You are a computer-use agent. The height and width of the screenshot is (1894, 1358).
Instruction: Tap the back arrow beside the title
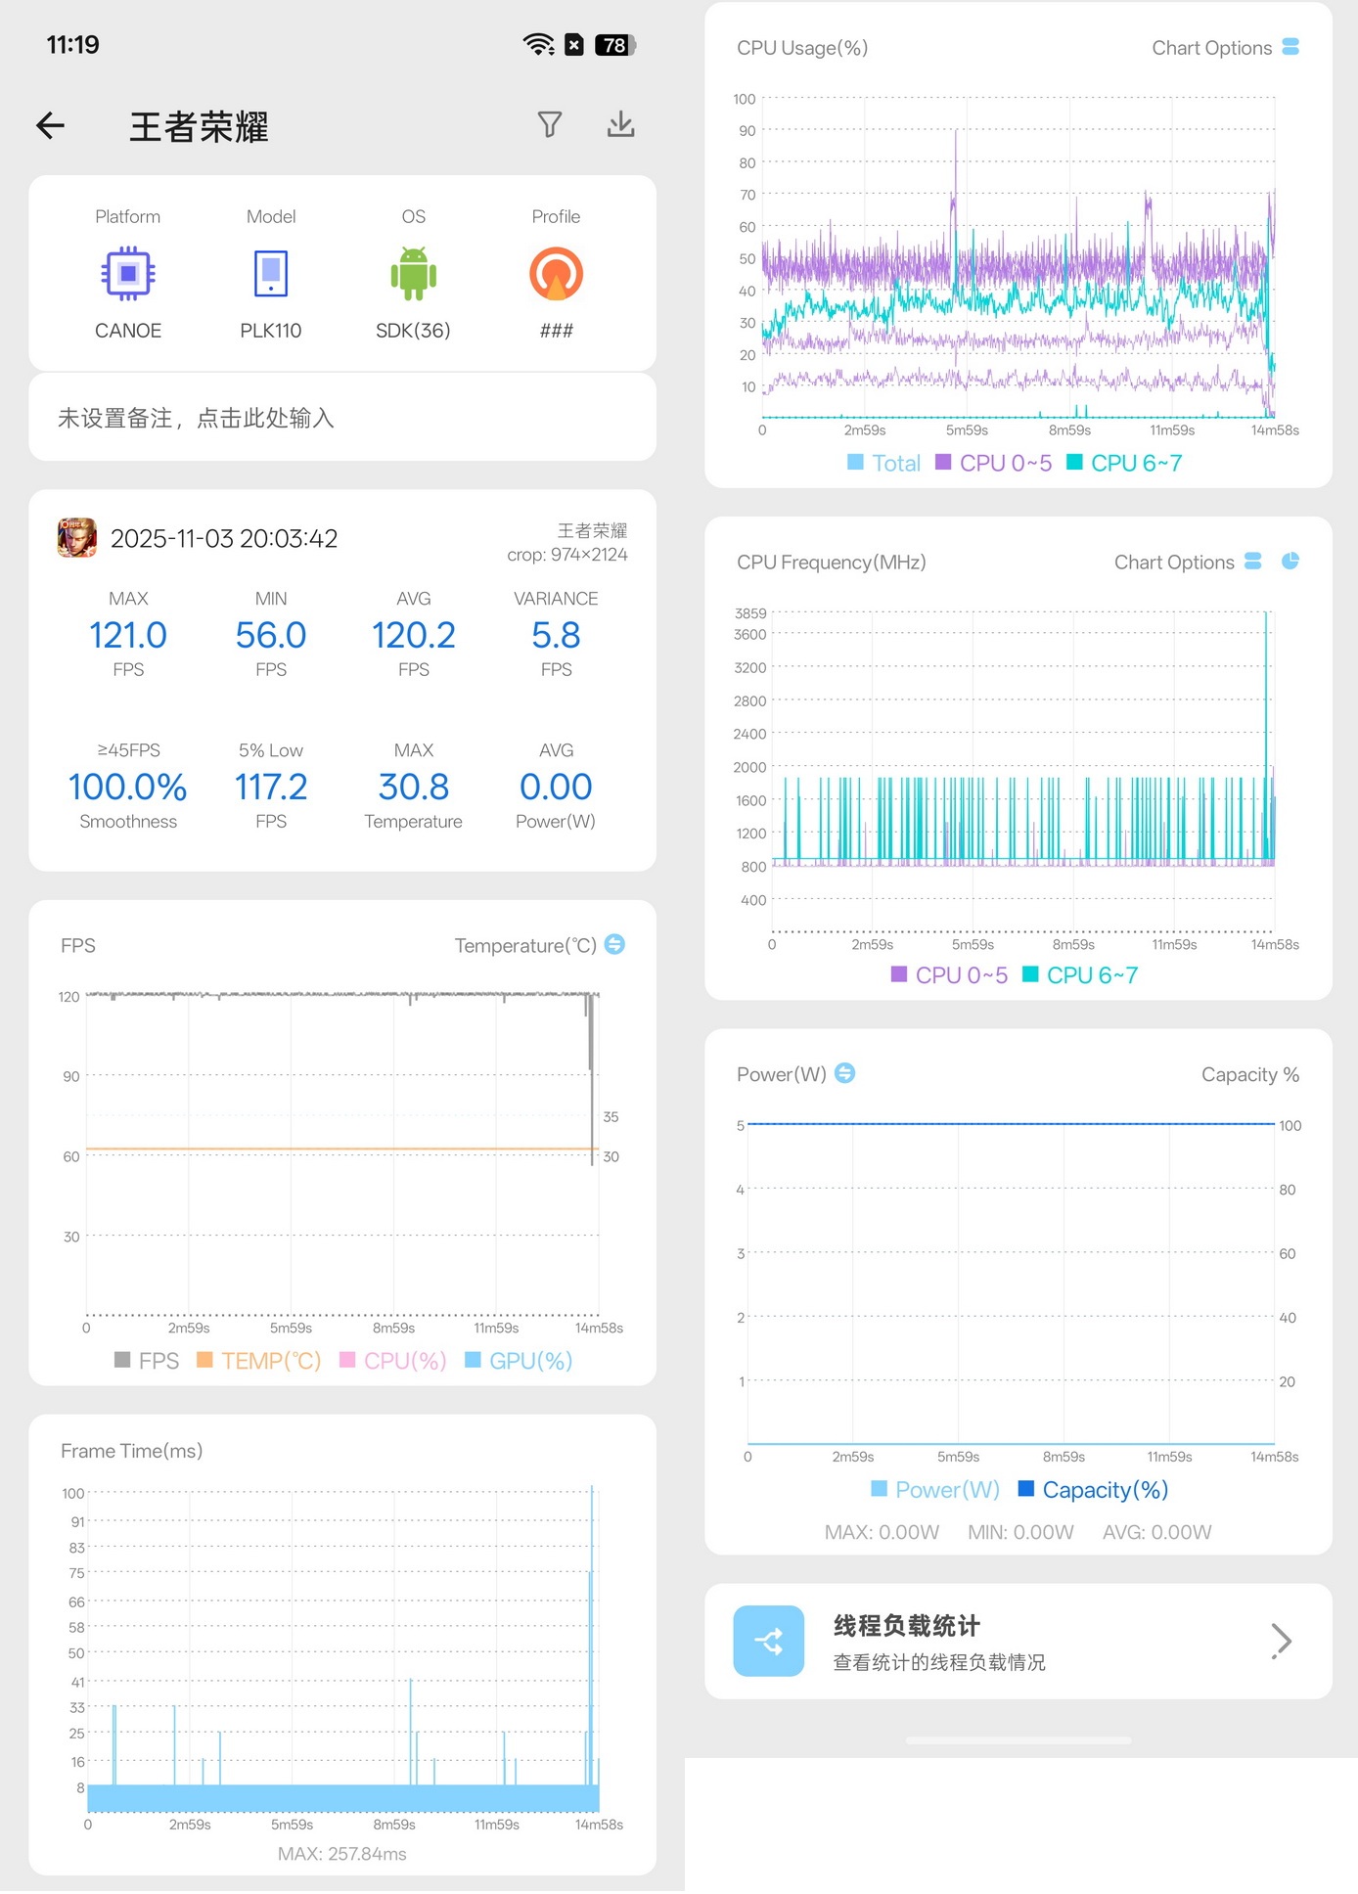coord(51,125)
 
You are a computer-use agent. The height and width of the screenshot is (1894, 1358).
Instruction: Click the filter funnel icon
coord(550,124)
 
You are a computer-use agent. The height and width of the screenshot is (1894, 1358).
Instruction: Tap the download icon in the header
coord(621,124)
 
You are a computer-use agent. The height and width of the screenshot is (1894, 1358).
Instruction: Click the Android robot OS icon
coord(414,274)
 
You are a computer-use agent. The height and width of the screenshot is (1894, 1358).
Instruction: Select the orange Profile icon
coord(557,274)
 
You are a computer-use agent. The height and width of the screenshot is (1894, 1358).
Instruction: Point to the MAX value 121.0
coord(128,636)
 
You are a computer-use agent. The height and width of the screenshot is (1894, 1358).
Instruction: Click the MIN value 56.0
coord(271,636)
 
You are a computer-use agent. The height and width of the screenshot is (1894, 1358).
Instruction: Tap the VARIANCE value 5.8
coord(556,636)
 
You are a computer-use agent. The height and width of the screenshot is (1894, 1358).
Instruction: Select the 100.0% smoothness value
coord(128,788)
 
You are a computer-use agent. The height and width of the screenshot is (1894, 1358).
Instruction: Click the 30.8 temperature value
coord(414,788)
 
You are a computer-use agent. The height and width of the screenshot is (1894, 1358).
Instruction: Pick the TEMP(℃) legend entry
coord(259,1361)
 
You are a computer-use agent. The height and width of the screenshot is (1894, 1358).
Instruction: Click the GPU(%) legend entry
coord(519,1361)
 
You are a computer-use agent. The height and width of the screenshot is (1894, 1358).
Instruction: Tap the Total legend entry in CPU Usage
coord(884,464)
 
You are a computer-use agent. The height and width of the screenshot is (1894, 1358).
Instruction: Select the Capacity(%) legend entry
coord(1094,1490)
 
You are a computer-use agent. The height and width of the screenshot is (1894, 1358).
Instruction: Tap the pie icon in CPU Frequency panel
coord(1290,561)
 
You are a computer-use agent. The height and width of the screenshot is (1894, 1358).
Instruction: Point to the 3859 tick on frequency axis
coord(750,613)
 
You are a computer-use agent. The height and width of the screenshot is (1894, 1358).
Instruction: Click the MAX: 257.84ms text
coord(342,1854)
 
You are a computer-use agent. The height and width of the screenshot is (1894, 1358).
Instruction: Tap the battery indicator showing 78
coord(615,45)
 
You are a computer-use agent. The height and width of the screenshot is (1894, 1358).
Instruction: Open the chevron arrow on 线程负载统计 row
coord(1282,1641)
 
